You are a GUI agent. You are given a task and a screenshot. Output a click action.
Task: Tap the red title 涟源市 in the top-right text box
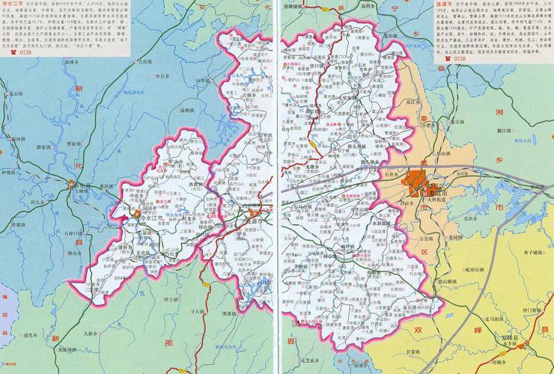445,4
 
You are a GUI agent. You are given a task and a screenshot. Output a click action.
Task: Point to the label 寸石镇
198,310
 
